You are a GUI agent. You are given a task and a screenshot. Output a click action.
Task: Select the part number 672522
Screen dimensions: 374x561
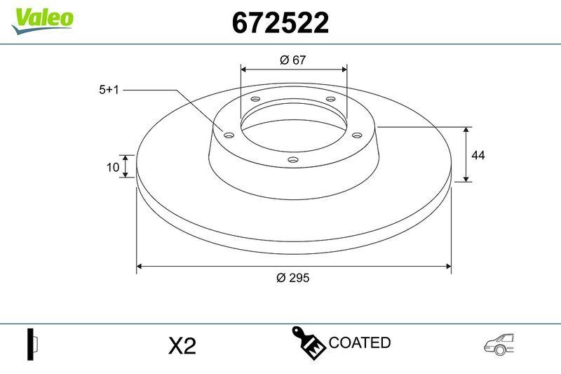(x=280, y=24)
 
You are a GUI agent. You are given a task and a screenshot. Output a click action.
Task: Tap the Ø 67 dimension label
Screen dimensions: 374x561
(x=293, y=60)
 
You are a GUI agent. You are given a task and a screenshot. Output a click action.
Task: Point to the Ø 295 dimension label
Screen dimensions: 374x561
(x=293, y=277)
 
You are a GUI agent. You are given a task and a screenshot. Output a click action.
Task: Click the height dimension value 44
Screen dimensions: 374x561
(x=478, y=155)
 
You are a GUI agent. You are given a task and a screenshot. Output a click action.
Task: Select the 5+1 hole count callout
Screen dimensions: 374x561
(x=110, y=90)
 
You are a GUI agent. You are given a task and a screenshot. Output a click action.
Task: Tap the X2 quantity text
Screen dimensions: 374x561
(x=182, y=346)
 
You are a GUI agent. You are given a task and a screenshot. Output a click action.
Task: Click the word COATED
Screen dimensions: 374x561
(x=359, y=343)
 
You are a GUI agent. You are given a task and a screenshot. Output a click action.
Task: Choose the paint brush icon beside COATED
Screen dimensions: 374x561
(x=308, y=342)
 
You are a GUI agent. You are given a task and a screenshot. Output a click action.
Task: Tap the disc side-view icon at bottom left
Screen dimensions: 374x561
(x=32, y=344)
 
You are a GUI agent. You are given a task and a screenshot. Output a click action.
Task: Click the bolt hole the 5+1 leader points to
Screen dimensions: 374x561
(x=228, y=135)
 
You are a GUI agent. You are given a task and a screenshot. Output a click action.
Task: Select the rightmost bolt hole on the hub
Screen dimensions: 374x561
(x=356, y=135)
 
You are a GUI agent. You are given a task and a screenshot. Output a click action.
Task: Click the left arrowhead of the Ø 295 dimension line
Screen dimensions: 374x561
(x=140, y=266)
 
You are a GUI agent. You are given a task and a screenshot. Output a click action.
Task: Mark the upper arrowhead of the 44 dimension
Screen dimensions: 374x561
(x=466, y=131)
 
